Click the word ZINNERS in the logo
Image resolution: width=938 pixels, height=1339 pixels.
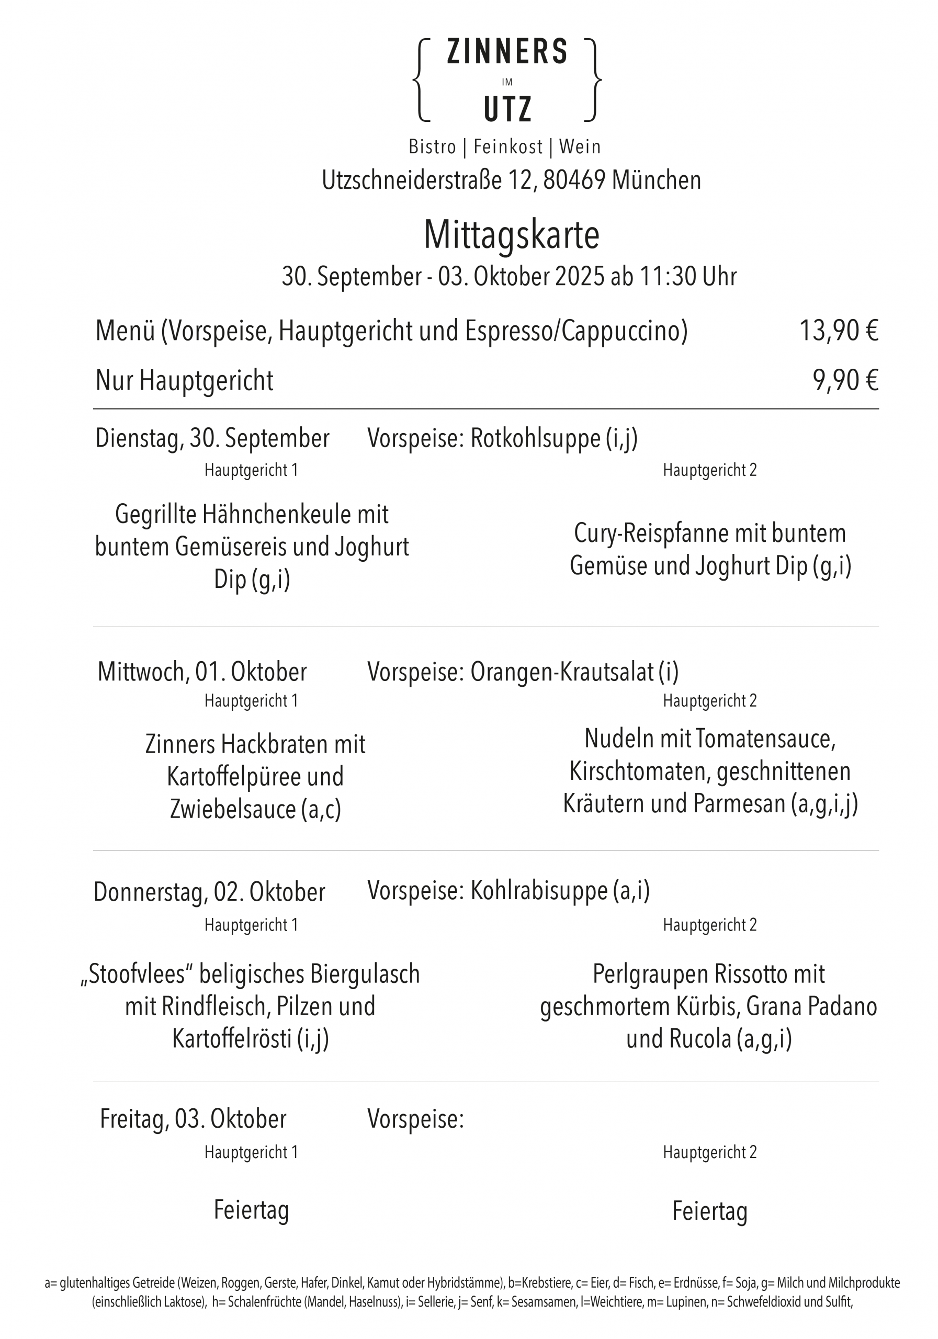point(506,52)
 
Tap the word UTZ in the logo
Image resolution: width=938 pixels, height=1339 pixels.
point(507,109)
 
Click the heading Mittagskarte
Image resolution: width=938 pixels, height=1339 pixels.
point(511,235)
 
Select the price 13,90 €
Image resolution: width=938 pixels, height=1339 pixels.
point(838,331)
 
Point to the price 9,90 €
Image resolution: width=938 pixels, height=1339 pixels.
point(845,380)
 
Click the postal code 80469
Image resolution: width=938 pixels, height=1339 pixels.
point(574,180)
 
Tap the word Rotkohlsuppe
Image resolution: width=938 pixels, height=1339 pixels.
point(535,438)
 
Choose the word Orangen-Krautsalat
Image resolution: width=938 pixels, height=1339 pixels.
point(562,672)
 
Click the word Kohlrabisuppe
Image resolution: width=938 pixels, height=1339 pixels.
point(538,891)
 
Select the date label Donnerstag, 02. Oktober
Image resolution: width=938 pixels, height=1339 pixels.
point(209,892)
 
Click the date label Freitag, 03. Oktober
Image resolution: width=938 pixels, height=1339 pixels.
point(193,1119)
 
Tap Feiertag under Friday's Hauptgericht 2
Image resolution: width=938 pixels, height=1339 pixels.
point(709,1211)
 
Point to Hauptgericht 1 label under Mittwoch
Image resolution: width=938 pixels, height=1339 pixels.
point(251,700)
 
